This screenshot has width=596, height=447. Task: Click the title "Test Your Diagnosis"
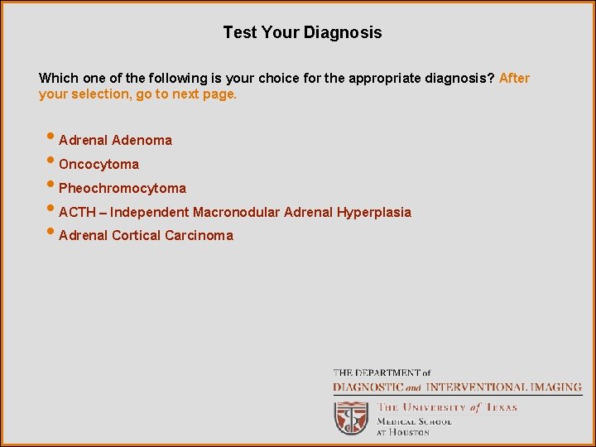302,33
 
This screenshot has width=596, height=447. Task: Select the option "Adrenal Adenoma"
115,141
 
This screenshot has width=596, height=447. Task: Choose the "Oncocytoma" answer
99,165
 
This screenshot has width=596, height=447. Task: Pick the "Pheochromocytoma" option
123,189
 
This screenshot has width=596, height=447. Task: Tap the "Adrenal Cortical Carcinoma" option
146,236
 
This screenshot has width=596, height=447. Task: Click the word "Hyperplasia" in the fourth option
373,213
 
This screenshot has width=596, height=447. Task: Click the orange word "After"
514,79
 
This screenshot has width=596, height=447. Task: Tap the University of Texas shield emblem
351,418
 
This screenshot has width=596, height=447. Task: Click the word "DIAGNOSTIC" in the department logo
368,387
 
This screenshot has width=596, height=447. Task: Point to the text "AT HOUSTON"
403,432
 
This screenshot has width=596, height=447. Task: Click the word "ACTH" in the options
77,213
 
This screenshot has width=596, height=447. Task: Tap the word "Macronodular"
236,213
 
